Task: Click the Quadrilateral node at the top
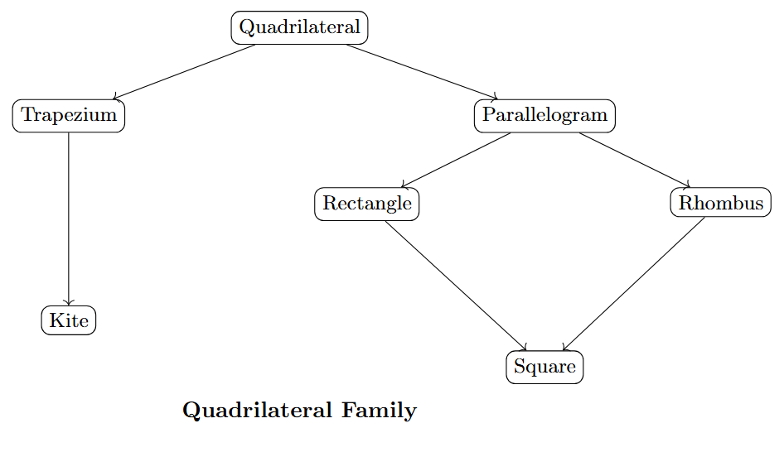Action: (x=299, y=27)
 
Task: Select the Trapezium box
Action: (x=69, y=115)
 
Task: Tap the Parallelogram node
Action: (x=544, y=115)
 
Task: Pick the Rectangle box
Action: (x=366, y=204)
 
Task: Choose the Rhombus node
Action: (x=721, y=204)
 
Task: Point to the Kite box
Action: (x=69, y=320)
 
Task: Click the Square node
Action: (x=544, y=367)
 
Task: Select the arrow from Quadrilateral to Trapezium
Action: (x=184, y=72)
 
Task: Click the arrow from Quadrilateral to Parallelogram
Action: (x=422, y=72)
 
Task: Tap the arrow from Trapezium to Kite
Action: (x=69, y=219)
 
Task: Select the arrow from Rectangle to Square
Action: (x=456, y=285)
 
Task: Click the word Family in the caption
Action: (x=381, y=411)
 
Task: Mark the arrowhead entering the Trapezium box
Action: (x=115, y=98)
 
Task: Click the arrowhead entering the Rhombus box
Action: (x=687, y=186)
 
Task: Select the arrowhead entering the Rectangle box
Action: (x=402, y=186)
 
